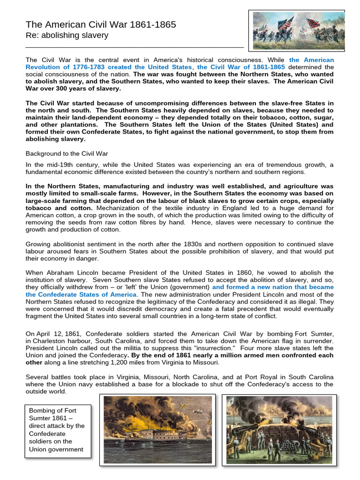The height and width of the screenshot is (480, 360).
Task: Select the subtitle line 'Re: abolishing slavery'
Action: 67,36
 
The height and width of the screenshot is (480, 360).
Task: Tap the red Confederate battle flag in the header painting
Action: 312,23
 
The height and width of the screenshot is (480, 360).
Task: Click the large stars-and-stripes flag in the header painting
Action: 285,22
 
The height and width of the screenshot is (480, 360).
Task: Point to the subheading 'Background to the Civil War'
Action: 67,154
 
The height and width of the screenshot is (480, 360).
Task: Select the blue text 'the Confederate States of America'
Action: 81,294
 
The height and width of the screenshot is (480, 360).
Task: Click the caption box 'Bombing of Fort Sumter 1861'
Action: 58,429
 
